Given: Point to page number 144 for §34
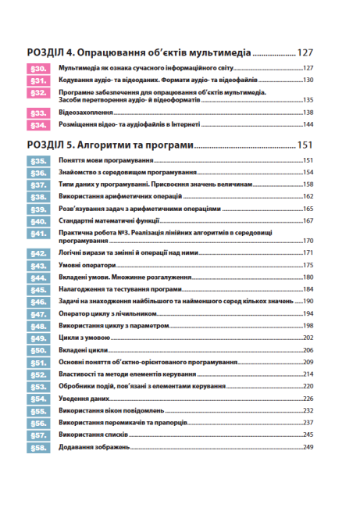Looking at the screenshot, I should pyautogui.click(x=308, y=125).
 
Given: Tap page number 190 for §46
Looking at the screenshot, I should pyautogui.click(x=308, y=302).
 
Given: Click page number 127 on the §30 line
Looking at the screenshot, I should pyautogui.click(x=308, y=69).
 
